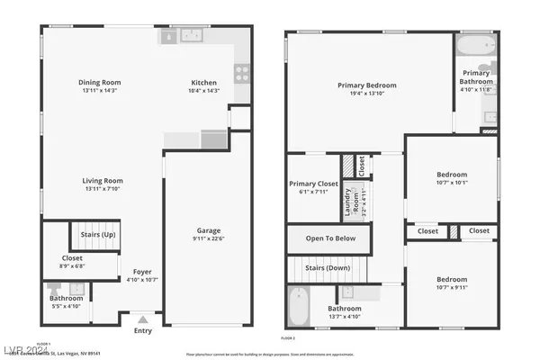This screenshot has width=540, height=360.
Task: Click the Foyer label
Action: point(143,271)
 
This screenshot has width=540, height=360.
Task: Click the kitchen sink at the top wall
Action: point(191,36)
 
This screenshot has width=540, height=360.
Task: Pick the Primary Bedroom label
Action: point(367,85)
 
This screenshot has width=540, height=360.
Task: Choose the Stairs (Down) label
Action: point(326,269)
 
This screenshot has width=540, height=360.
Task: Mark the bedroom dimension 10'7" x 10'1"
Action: point(452,184)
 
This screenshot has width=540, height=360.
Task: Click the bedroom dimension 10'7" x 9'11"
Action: point(452,288)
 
